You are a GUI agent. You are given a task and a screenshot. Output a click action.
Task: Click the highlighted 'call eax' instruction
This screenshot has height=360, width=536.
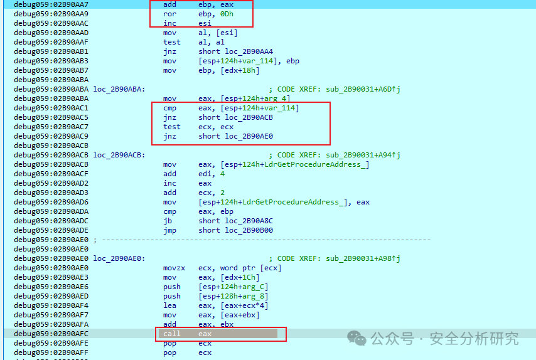point(187,334)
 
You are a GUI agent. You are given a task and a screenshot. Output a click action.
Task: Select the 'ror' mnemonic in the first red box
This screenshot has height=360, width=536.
point(169,14)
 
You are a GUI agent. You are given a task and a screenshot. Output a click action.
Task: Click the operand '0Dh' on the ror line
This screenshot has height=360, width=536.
point(227,14)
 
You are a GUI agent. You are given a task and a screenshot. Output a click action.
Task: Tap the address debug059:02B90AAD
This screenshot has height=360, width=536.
point(51,33)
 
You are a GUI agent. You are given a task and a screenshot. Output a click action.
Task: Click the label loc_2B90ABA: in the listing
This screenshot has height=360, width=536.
point(119,89)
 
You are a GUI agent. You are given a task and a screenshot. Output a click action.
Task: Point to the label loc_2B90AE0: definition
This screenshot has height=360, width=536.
point(119,258)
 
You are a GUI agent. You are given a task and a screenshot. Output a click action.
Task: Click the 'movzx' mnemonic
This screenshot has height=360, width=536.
point(174,268)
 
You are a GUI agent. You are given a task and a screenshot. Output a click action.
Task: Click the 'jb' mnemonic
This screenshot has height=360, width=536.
point(168,221)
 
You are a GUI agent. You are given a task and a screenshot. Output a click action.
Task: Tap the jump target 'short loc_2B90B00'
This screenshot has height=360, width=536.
point(235,231)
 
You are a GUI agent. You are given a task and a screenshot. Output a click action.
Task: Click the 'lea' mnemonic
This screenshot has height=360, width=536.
point(169,305)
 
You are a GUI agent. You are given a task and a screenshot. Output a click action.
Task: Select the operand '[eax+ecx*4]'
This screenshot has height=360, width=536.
point(244,305)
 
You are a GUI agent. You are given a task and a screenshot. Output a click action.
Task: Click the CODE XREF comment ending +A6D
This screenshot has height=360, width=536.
point(335,89)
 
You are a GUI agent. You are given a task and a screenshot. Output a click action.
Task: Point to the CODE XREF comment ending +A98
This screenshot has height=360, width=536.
point(335,258)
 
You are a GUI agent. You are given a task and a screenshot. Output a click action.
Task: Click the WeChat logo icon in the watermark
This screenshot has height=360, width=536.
point(356,338)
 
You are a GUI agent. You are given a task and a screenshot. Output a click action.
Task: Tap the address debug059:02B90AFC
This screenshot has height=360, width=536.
point(51,334)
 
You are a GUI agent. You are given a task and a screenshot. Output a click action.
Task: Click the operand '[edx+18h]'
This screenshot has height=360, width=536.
point(240,70)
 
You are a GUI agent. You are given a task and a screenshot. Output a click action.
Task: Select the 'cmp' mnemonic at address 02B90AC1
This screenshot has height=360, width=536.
point(169,109)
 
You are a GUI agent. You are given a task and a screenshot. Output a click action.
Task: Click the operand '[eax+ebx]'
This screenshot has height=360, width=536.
point(240,315)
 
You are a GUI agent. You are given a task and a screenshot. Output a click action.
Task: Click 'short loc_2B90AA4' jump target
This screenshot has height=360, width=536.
point(235,51)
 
